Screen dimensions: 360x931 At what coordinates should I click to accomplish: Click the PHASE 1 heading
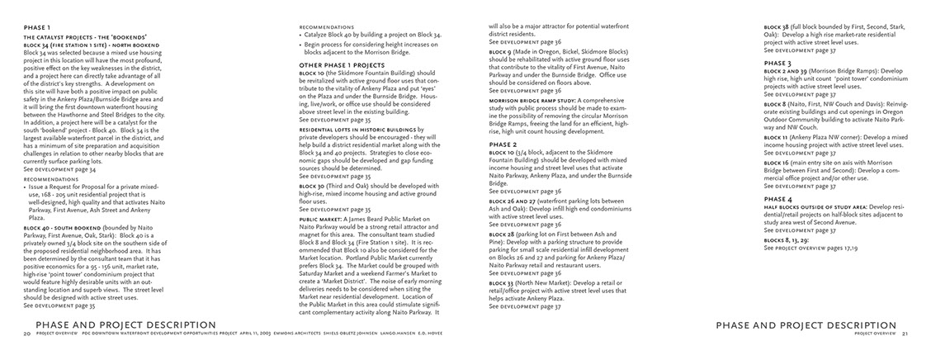click(x=36, y=27)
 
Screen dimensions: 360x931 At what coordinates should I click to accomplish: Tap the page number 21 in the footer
click(x=904, y=334)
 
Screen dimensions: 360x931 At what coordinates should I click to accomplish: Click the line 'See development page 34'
click(x=59, y=169)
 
